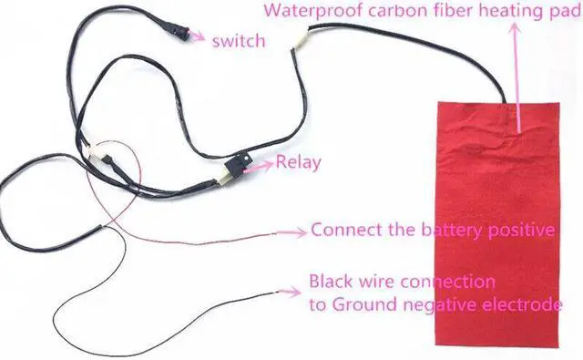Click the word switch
tap(238, 41)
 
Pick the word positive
tap(521, 230)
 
